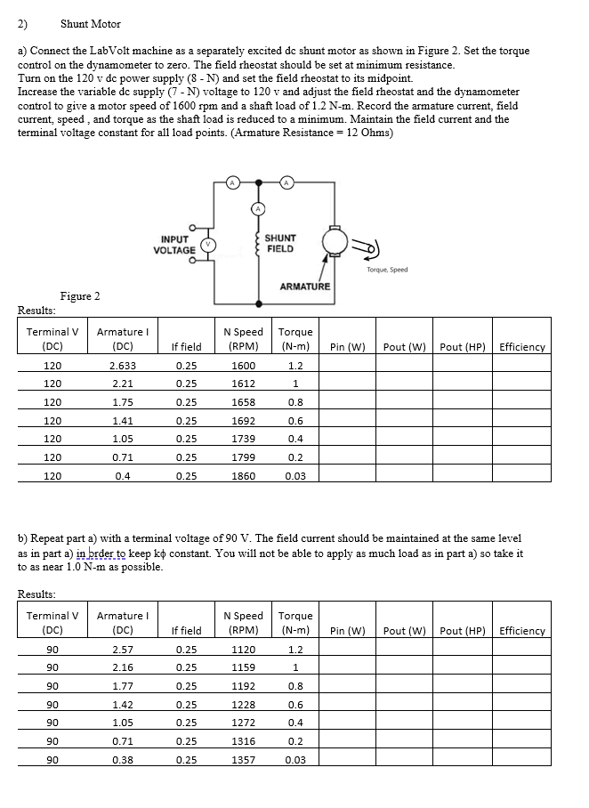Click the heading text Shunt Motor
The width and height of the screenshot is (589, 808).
[x=90, y=24]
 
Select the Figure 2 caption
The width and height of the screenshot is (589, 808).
[x=79, y=295]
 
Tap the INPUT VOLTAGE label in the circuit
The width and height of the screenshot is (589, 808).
[x=174, y=245]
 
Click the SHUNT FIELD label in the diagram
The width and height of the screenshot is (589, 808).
[x=280, y=244]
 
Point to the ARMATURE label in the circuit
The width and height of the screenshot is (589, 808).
[x=305, y=287]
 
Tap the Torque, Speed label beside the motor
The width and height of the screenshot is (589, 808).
[x=387, y=270]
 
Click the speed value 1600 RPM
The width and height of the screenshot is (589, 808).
[x=243, y=366]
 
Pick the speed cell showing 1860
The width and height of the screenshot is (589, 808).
[x=243, y=476]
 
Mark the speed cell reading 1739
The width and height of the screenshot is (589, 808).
[x=243, y=440]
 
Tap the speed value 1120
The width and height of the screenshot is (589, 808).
[x=243, y=650]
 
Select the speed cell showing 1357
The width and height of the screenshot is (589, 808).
[x=243, y=760]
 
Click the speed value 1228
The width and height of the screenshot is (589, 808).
[x=243, y=705]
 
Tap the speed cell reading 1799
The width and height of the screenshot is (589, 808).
[x=243, y=457]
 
